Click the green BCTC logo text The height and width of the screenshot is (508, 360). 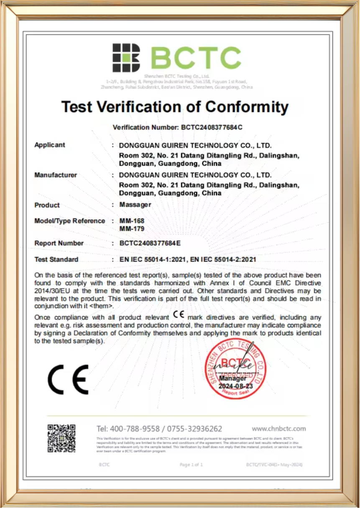click(196, 58)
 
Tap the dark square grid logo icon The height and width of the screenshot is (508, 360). click(126, 58)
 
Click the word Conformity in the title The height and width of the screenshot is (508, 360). click(247, 107)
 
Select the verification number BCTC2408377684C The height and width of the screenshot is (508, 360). click(212, 127)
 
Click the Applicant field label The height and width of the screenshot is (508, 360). click(50, 145)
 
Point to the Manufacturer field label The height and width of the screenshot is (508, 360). click(56, 175)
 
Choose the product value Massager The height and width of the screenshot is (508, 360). click(135, 205)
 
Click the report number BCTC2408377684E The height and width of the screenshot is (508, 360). click(150, 243)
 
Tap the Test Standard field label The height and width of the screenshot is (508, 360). click(56, 260)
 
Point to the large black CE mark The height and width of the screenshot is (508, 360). click(68, 379)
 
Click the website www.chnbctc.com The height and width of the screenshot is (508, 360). click(278, 429)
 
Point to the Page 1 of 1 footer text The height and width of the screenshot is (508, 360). click(191, 465)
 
